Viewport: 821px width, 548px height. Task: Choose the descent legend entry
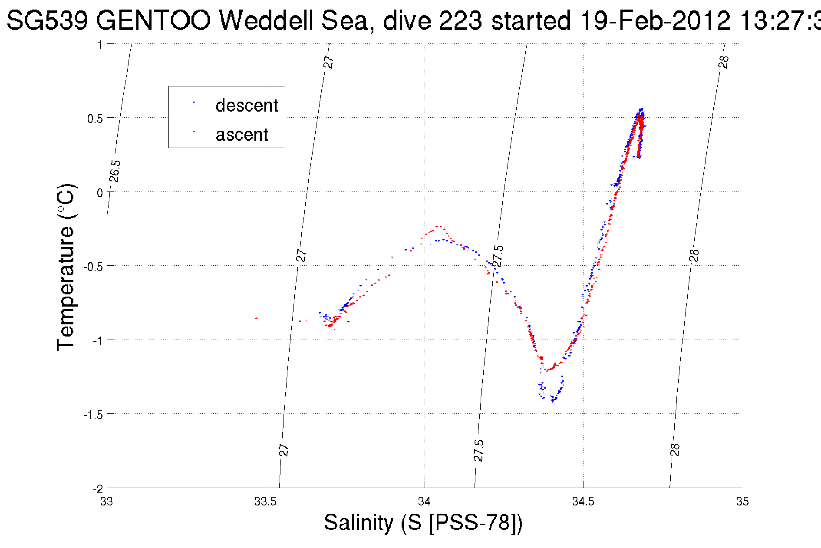click(246, 106)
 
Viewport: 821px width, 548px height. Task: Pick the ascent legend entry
click(241, 135)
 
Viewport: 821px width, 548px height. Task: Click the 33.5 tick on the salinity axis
click(265, 502)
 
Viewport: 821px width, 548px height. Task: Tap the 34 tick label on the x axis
click(424, 502)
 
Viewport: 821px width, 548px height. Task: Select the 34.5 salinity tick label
click(583, 502)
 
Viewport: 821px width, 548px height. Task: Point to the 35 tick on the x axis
click(742, 502)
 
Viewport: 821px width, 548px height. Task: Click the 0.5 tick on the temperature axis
click(95, 119)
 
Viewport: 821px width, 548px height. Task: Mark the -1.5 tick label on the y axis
click(93, 415)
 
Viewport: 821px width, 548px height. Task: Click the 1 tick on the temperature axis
click(100, 45)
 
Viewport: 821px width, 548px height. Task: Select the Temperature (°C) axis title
click(66, 267)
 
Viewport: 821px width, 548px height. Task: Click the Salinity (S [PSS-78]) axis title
click(423, 522)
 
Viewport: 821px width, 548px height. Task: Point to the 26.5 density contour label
click(115, 171)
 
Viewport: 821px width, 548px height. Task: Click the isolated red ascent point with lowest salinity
click(256, 318)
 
